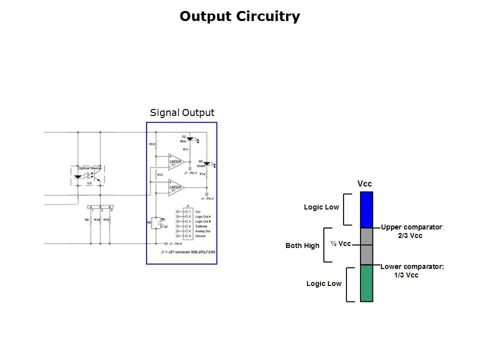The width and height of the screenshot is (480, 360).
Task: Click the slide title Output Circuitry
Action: [240, 16]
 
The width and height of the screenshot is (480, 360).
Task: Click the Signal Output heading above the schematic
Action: [182, 113]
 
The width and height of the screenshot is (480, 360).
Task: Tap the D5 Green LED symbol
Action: [206, 163]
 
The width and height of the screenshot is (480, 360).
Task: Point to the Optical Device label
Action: [89, 168]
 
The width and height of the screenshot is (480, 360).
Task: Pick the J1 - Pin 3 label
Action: [190, 173]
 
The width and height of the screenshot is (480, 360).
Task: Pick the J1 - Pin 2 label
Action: [206, 199]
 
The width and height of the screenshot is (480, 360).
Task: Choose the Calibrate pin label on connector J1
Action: [202, 226]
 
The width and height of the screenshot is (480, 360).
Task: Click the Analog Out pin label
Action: [203, 231]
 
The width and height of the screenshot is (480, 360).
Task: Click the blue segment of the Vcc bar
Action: [366, 209]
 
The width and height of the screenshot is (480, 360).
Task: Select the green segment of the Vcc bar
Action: [366, 283]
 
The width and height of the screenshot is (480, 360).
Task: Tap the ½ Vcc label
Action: [340, 243]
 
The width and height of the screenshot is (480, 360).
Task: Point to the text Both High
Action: [302, 245]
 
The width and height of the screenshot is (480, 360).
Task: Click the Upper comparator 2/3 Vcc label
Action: [411, 231]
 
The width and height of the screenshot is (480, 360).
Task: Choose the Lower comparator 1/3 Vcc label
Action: [411, 271]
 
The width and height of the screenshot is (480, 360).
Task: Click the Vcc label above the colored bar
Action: [364, 184]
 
